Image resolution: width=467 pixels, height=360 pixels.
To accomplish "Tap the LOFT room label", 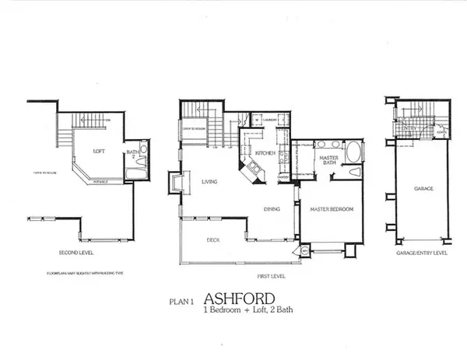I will tap(99, 152).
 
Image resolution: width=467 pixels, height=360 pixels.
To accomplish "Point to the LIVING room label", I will tap(208, 182).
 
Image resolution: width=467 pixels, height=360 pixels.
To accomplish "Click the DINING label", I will tap(272, 208).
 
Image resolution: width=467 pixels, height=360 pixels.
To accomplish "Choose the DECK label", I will tap(212, 239).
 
